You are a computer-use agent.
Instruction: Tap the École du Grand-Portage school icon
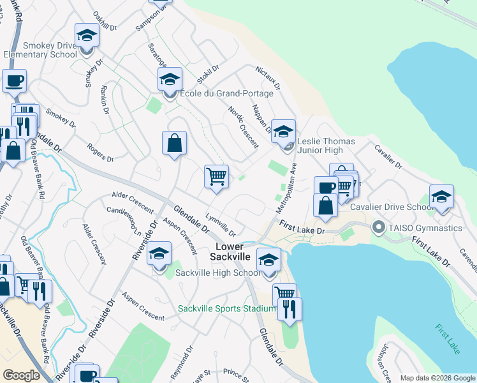point(170,80)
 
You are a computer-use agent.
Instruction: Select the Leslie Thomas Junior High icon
point(284,131)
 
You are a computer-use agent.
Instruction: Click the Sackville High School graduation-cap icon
point(159,254)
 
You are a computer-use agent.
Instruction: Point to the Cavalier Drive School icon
point(441,197)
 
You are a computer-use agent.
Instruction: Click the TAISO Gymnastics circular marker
point(378,227)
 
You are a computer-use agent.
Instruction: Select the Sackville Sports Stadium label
point(226,309)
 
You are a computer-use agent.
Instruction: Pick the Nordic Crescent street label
point(244,126)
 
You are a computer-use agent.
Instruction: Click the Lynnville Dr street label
point(221,225)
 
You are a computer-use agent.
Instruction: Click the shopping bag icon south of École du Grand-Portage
point(174,143)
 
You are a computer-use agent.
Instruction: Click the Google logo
point(22,376)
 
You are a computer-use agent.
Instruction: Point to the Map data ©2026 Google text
point(437,378)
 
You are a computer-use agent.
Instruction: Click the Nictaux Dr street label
point(268,77)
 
